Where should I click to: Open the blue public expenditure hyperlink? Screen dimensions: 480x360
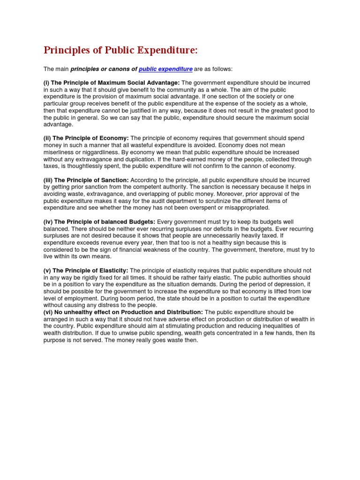[x=165, y=69]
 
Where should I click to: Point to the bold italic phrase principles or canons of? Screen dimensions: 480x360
[x=104, y=69]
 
